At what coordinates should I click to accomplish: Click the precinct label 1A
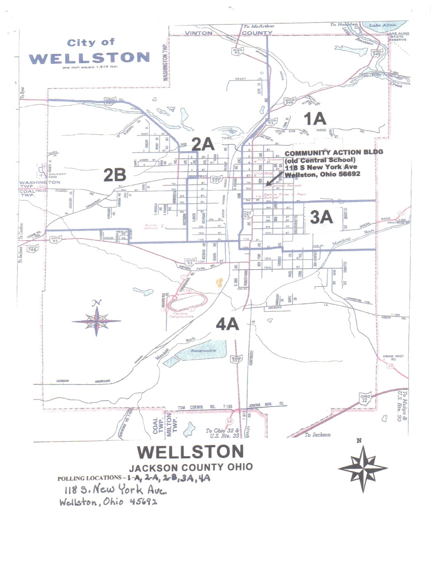click(315, 119)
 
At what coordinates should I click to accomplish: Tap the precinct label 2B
click(115, 175)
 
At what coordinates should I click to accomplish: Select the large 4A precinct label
click(228, 324)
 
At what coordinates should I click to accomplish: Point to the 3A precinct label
click(321, 217)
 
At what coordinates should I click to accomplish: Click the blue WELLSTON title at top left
click(89, 58)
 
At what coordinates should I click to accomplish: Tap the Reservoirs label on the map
click(203, 351)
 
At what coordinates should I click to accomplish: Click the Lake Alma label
click(382, 25)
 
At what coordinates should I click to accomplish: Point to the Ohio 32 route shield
click(365, 398)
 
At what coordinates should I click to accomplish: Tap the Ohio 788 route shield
click(33, 248)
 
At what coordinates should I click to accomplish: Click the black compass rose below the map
click(362, 468)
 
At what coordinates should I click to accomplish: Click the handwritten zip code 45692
click(143, 502)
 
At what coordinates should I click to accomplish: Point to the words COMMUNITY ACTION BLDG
click(333, 152)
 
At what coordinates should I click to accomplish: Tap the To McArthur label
click(259, 26)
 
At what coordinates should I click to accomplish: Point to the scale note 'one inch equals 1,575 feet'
click(90, 67)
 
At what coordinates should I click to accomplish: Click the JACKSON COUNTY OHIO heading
click(191, 467)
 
